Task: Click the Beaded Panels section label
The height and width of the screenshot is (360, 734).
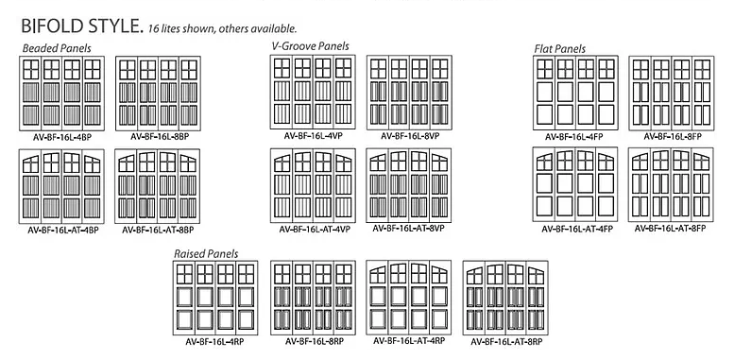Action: (x=57, y=48)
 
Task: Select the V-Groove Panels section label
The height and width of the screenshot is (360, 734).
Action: (x=311, y=46)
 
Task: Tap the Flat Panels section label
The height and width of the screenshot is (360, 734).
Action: (x=560, y=49)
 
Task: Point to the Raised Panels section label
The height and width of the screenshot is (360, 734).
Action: (x=206, y=254)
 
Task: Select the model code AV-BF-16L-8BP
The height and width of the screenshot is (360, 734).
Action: (x=160, y=137)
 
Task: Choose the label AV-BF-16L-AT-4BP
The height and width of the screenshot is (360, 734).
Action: (x=63, y=230)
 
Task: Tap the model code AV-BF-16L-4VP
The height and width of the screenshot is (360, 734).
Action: (x=314, y=136)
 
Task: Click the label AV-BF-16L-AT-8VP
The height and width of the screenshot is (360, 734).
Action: (x=408, y=229)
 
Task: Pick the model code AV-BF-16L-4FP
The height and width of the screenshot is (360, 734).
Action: (x=574, y=137)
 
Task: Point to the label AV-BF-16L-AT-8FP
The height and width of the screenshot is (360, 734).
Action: (x=671, y=229)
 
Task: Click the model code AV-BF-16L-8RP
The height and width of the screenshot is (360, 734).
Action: (x=315, y=341)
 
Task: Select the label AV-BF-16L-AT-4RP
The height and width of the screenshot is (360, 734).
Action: (x=409, y=341)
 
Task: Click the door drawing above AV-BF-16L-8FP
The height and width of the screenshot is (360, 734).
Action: (x=672, y=94)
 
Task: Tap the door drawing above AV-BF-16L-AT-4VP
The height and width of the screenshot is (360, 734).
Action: (x=314, y=185)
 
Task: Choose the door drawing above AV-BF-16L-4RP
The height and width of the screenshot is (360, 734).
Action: (x=215, y=298)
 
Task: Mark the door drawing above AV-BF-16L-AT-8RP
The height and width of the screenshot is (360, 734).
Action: (x=505, y=298)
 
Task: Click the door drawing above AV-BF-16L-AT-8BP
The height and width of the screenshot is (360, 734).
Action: (x=157, y=186)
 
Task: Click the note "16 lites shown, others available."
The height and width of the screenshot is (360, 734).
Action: (x=222, y=28)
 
